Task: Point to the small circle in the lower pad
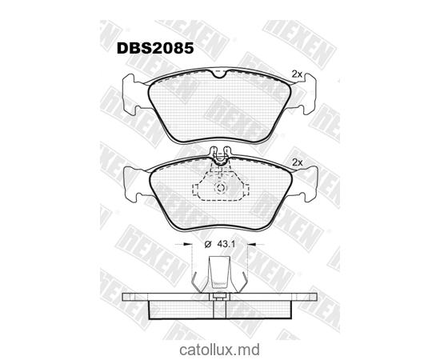pyautogui.click(x=222, y=190)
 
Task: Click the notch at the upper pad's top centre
pyautogui.click(x=218, y=74)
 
